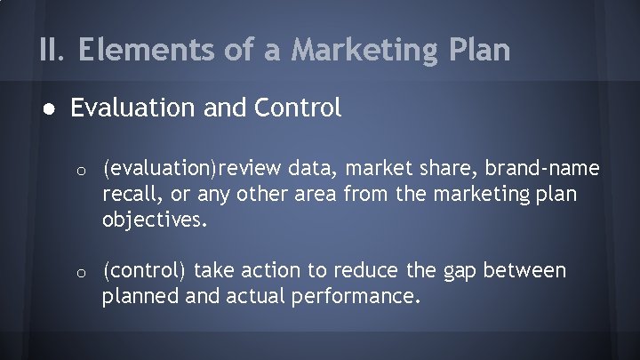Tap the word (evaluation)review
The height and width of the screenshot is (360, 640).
point(178,169)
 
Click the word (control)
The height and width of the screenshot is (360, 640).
point(144,269)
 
